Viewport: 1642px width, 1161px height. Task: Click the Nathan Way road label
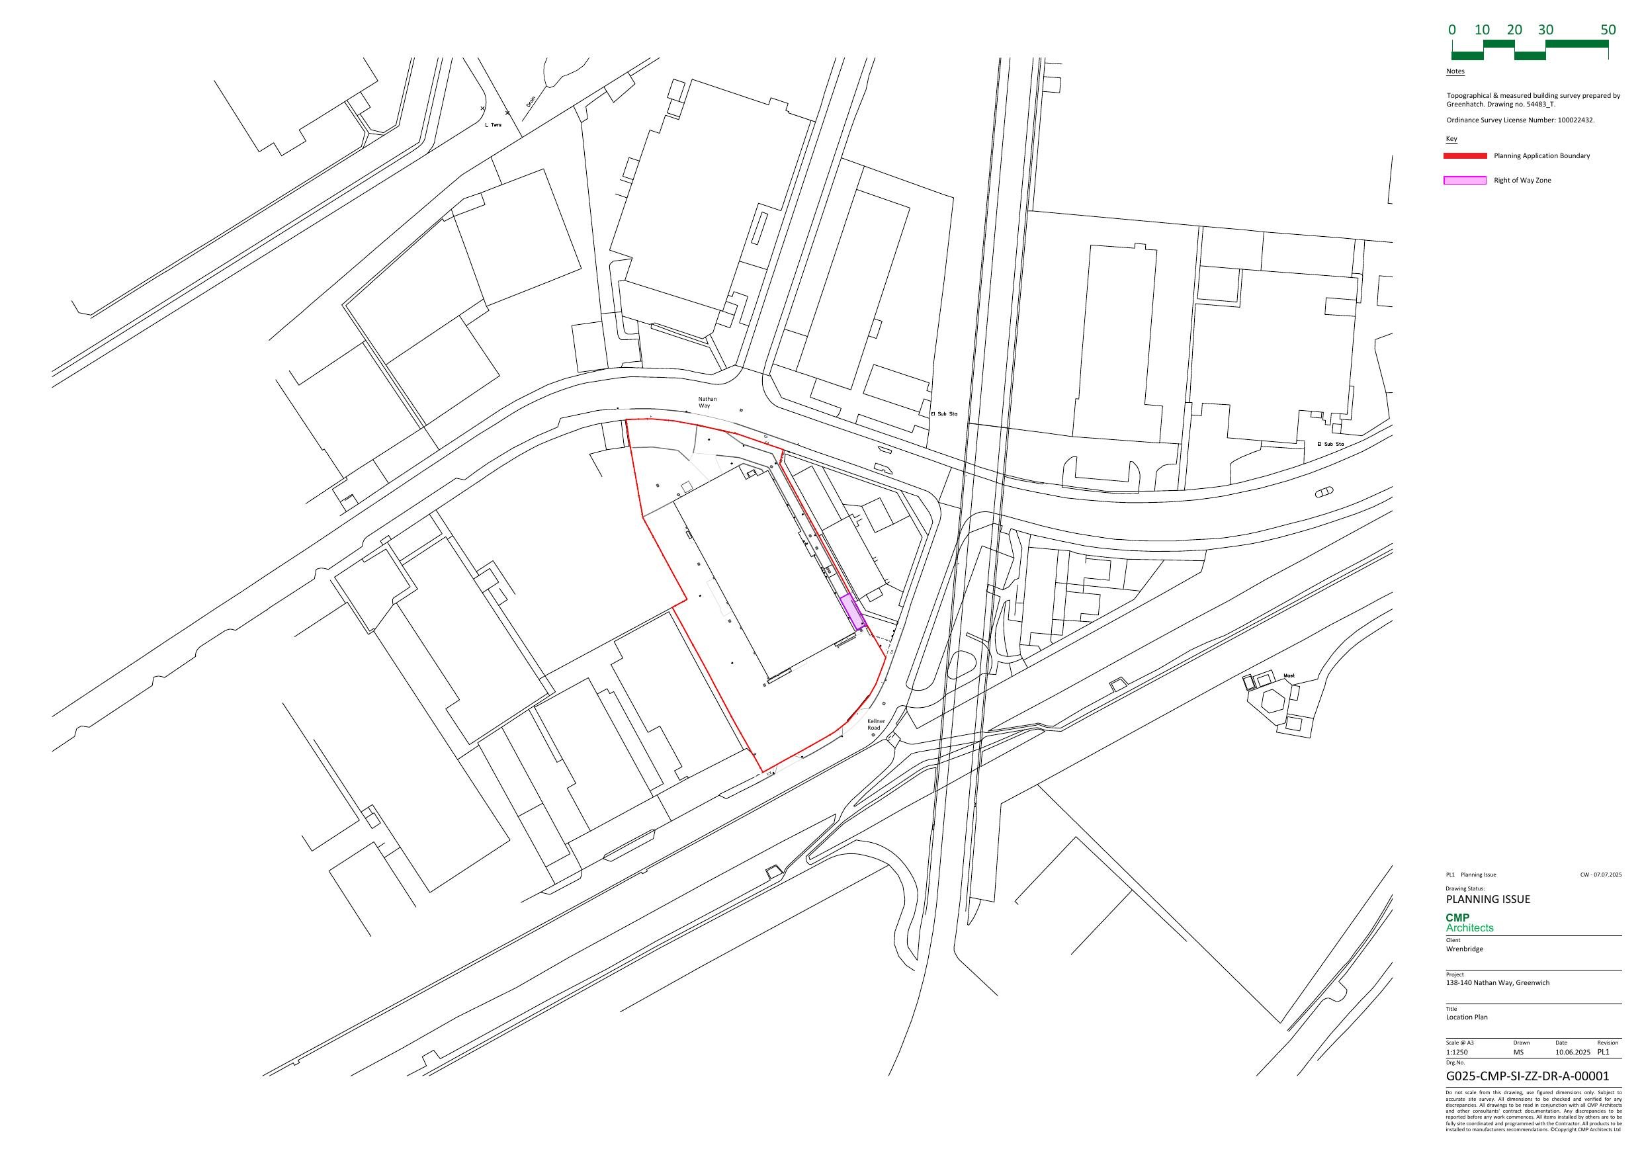[x=707, y=403]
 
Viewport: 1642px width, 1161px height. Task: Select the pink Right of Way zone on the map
[x=851, y=612]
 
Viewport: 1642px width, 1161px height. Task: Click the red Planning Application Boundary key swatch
[x=1465, y=156]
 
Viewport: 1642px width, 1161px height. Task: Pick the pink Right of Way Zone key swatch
[x=1465, y=180]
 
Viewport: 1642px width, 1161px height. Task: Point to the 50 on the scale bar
[x=1608, y=30]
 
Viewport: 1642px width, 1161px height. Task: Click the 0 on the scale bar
[x=1451, y=30]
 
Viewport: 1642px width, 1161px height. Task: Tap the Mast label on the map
[x=1289, y=675]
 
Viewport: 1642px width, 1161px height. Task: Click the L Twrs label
[x=493, y=125]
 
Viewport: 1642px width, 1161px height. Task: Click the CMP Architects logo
[x=1469, y=923]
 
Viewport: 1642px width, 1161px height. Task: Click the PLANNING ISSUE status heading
[x=1488, y=899]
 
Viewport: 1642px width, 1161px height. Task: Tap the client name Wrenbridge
[x=1464, y=949]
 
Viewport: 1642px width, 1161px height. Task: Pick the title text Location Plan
[x=1466, y=1017]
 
